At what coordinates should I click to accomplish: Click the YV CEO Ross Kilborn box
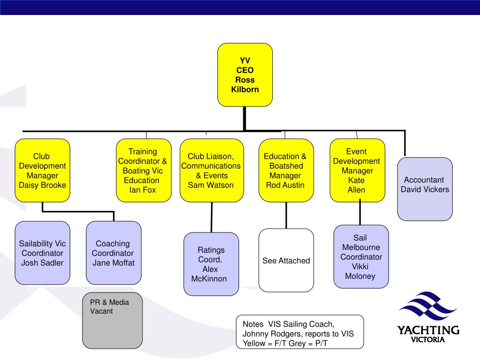point(245,75)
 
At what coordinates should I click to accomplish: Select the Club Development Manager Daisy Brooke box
point(43,171)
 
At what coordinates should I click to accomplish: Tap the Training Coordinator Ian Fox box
point(143,171)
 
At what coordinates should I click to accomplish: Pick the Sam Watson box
point(212,171)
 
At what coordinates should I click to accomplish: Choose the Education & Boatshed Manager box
point(286,171)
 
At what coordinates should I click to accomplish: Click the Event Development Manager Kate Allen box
point(357,171)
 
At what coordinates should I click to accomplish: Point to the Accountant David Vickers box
point(425,189)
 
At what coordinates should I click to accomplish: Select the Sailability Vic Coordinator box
point(43,253)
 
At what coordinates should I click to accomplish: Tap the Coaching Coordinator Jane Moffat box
point(113,253)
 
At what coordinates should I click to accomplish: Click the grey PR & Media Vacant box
point(112,321)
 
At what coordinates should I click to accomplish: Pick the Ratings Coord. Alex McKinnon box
point(211,264)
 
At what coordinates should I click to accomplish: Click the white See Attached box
point(286,260)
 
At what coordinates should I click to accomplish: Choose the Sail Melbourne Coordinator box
point(361,256)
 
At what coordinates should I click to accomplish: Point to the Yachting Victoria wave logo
point(428,306)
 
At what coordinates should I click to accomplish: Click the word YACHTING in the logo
point(428,330)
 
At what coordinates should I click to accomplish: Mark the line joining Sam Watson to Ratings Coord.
point(211,217)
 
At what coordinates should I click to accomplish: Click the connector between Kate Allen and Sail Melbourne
point(360,212)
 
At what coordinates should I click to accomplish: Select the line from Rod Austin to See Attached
point(286,216)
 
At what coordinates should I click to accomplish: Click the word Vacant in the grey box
point(101,311)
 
